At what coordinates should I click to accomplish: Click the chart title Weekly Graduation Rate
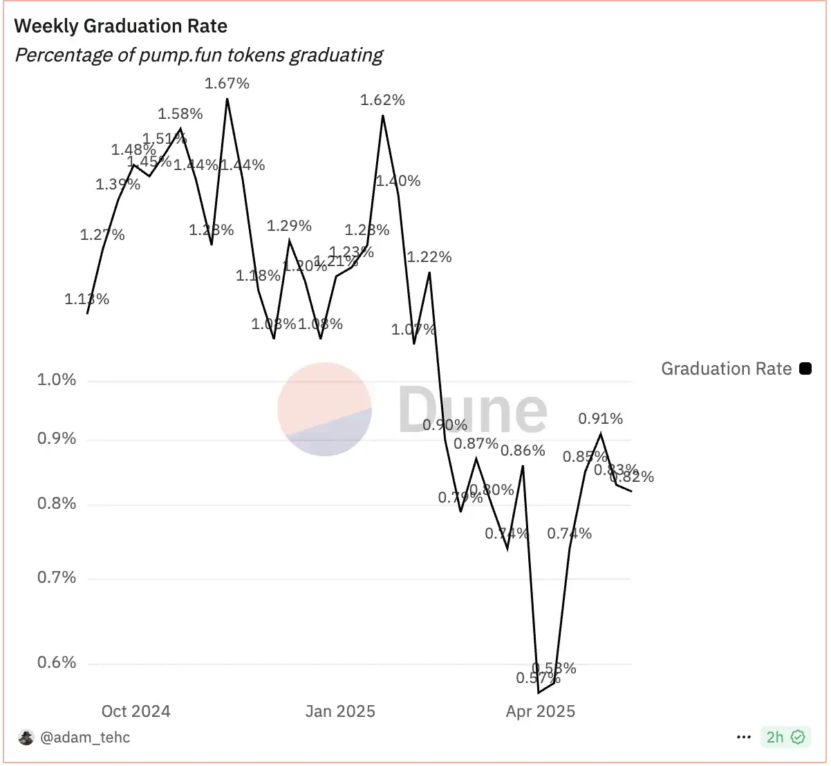121,26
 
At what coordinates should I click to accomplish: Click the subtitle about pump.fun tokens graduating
199,55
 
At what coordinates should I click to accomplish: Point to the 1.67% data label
227,84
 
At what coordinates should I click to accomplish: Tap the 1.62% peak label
382,100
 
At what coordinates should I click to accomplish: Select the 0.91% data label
600,418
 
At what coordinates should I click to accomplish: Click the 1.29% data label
289,226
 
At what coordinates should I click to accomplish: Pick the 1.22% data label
429,257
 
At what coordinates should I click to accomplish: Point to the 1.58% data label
180,114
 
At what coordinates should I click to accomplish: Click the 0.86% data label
523,451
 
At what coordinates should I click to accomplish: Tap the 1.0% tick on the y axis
57,380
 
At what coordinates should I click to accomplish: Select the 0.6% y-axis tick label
57,663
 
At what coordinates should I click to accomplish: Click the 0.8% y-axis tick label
57,504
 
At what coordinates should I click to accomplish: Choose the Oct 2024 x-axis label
136,711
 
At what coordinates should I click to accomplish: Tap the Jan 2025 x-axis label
340,711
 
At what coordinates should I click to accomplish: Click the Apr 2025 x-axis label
540,711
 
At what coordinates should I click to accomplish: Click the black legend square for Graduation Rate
805,368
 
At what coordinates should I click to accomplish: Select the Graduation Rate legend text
726,368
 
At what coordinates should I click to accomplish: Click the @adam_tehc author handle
85,738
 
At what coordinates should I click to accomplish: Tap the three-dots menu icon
744,738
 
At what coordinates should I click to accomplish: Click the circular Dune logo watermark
324,409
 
